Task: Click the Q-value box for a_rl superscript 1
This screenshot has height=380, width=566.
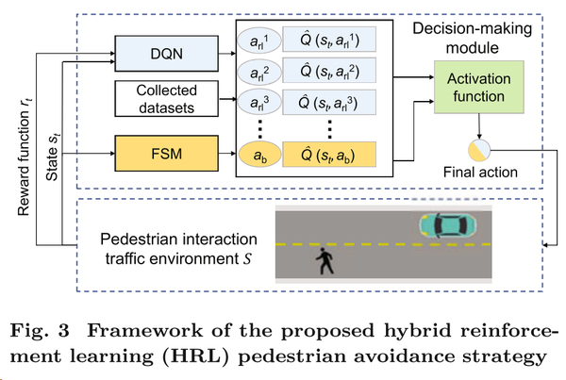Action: [x=328, y=40]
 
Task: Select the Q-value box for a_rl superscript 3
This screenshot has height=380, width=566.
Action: [x=328, y=99]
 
